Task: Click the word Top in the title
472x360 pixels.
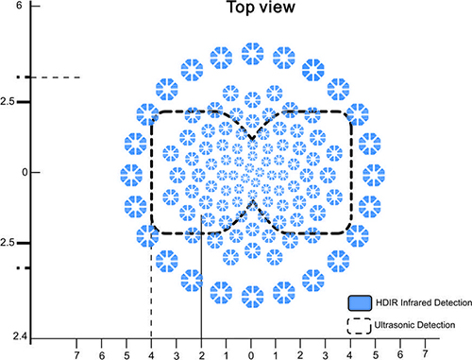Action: click(240, 8)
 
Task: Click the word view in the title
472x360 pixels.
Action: click(278, 8)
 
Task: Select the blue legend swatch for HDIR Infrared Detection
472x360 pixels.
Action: click(360, 303)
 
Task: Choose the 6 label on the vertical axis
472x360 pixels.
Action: click(19, 5)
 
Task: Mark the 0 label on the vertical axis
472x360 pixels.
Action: click(25, 172)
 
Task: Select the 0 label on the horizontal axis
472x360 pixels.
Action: click(251, 355)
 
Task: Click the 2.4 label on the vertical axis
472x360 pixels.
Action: click(20, 336)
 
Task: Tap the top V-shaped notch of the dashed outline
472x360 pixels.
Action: click(252, 139)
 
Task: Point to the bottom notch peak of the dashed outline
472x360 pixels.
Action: click(252, 201)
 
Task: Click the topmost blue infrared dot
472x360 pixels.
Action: click(252, 54)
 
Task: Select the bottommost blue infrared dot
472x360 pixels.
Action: click(252, 297)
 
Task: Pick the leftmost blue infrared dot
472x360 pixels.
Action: click(131, 175)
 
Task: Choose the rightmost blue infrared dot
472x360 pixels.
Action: click(374, 175)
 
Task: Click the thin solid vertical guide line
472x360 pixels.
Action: click(201, 277)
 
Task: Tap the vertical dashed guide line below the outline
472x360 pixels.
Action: click(151, 286)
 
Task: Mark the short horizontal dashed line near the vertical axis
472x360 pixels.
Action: click(49, 77)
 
